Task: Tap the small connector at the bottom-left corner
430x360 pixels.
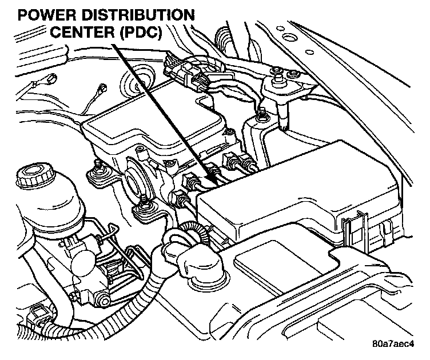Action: [x=37, y=313]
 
